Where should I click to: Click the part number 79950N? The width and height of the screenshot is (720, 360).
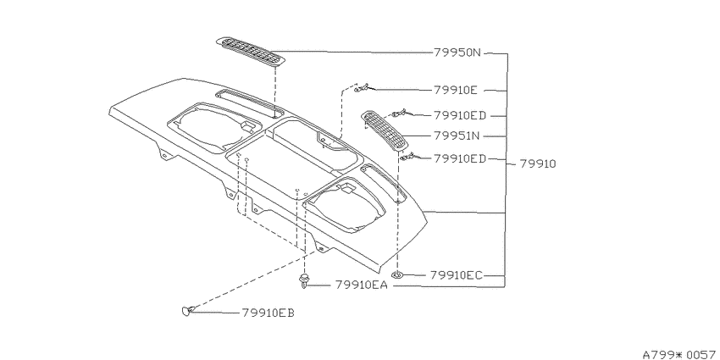point(457,53)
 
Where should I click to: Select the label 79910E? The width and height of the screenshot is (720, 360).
point(456,90)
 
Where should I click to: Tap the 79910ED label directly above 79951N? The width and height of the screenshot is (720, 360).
point(460,115)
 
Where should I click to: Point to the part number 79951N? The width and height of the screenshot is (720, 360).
point(457,136)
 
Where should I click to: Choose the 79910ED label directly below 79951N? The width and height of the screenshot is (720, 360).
point(460,158)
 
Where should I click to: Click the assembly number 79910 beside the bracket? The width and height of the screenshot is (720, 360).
point(538,163)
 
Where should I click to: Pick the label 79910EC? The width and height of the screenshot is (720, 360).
point(457,275)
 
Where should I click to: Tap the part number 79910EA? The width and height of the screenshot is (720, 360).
point(362,285)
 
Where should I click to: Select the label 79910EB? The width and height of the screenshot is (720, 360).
point(268,313)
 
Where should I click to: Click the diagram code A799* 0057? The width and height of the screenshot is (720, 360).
point(680,354)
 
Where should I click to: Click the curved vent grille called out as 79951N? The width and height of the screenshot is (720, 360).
point(385,130)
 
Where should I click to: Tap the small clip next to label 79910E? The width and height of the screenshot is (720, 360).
point(363,87)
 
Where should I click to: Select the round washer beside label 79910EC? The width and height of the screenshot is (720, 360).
point(397,275)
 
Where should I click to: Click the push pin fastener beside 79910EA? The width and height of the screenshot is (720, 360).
point(303,281)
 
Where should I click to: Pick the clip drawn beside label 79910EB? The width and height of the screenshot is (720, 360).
point(187,312)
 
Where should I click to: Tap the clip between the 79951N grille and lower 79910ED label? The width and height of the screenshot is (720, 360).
point(407,157)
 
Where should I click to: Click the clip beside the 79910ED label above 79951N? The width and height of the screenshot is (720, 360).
point(399,113)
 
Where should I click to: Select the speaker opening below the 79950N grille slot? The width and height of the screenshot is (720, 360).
point(213,127)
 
